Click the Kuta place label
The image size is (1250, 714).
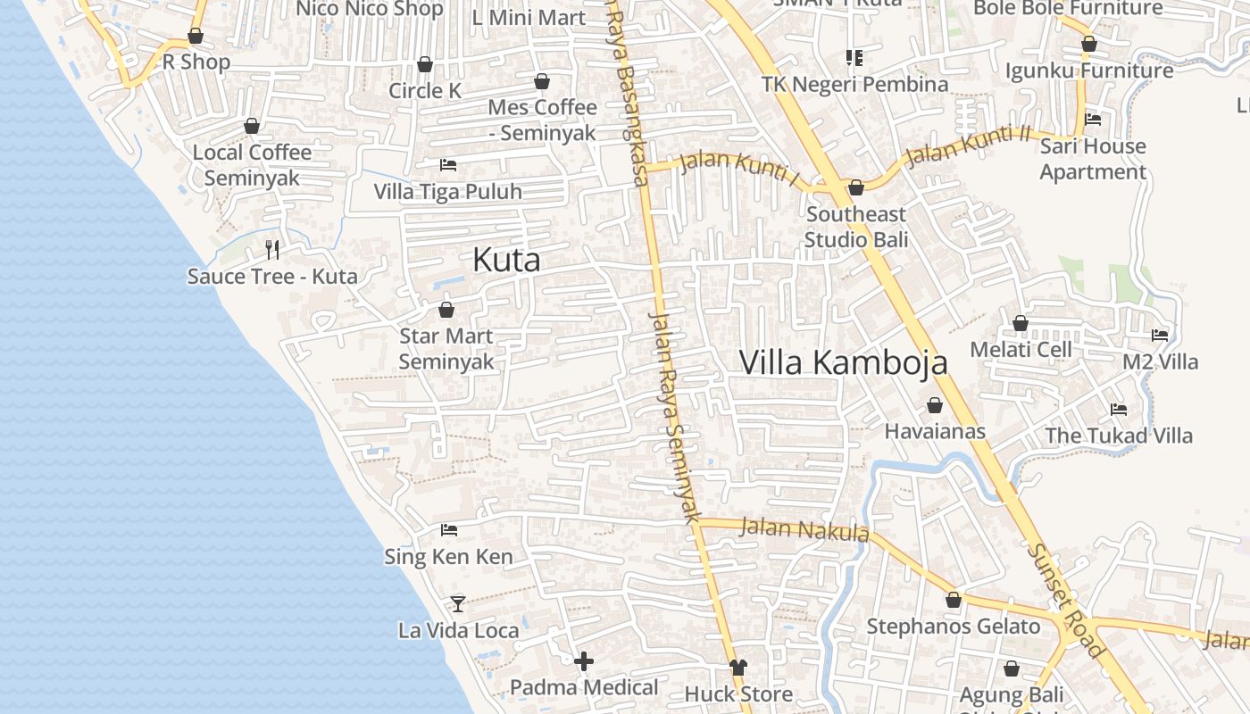[506, 260]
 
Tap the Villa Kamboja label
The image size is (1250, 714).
[844, 362]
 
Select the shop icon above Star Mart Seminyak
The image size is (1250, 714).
[446, 310]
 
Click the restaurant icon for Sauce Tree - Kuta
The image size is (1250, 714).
[272, 249]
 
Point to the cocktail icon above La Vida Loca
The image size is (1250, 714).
[458, 604]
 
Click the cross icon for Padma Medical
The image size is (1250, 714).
[584, 661]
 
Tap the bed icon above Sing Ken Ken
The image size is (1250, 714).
[449, 530]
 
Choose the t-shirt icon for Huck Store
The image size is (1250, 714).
[737, 668]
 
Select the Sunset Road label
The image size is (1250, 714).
[1065, 600]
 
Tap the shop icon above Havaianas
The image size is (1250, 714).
[935, 405]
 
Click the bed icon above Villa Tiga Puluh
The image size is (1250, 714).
[448, 165]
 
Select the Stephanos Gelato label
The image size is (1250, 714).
[954, 627]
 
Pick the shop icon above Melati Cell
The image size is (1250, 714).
[1021, 323]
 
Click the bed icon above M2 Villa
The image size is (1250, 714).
[1160, 336]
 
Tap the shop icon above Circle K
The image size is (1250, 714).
[425, 64]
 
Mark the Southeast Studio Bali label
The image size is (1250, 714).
[855, 227]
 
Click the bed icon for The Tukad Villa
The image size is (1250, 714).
[1119, 410]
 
